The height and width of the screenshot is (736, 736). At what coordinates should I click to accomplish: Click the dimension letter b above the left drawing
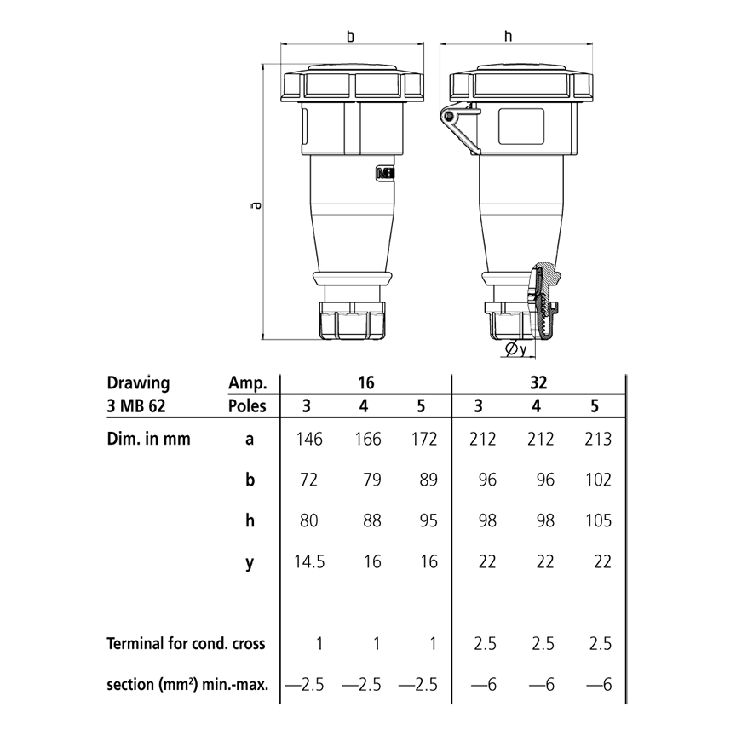(x=350, y=37)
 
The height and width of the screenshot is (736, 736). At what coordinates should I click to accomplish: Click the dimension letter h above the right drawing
(x=509, y=36)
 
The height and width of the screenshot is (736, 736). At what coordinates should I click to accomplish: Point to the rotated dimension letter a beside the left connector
(x=255, y=204)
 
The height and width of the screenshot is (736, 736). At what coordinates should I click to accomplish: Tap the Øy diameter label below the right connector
(x=515, y=349)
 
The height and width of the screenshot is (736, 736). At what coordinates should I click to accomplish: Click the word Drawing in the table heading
(x=138, y=383)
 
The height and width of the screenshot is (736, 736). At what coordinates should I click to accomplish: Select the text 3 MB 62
(x=136, y=405)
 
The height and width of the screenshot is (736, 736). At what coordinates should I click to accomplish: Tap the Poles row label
(x=247, y=405)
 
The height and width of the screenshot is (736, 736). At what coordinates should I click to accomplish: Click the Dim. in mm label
(x=148, y=440)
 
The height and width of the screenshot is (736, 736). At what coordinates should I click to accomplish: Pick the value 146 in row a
(x=308, y=440)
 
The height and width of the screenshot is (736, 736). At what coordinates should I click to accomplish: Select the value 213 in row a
(x=594, y=440)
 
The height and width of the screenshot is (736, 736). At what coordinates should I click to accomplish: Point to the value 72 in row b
(x=308, y=480)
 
